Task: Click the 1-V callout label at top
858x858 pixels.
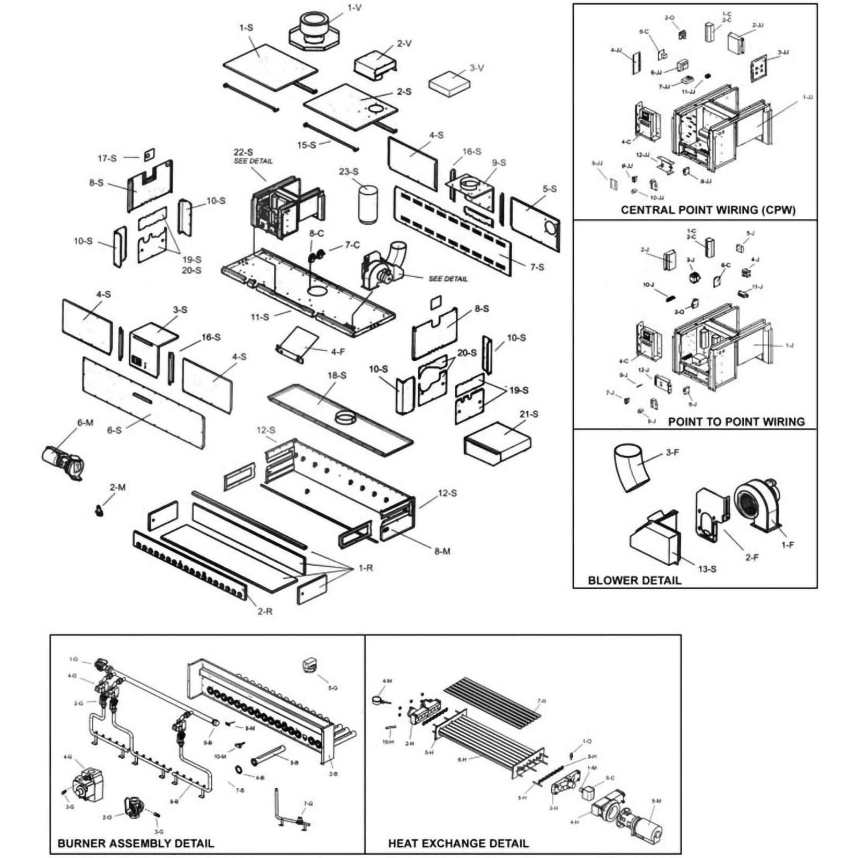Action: click(x=354, y=8)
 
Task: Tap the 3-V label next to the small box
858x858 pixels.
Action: click(x=477, y=68)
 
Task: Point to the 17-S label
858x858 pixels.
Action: click(x=107, y=158)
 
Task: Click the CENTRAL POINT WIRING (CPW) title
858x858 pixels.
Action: click(x=708, y=210)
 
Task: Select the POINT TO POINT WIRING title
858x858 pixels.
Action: click(x=736, y=421)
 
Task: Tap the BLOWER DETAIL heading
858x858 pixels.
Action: click(x=634, y=580)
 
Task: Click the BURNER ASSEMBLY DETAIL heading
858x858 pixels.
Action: click(x=136, y=843)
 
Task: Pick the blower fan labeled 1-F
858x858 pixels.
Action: click(x=756, y=504)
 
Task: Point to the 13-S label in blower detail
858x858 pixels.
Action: click(x=707, y=568)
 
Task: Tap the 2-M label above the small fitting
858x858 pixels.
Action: click(x=117, y=487)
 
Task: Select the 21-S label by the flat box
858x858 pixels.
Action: click(x=529, y=414)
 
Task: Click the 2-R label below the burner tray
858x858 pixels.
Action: click(x=265, y=611)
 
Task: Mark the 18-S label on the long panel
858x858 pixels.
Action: click(x=337, y=375)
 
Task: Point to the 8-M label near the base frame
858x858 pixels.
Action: click(x=442, y=551)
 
